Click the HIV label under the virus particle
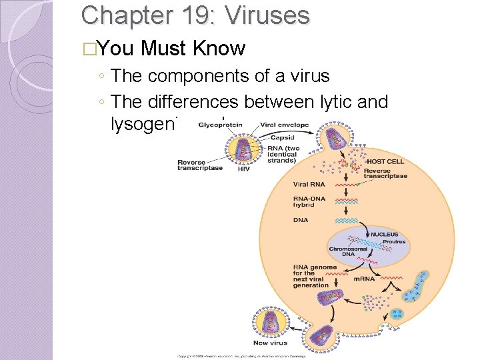click(245, 169)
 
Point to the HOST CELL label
click(385, 161)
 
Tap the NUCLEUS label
click(384, 235)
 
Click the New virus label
click(270, 343)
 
